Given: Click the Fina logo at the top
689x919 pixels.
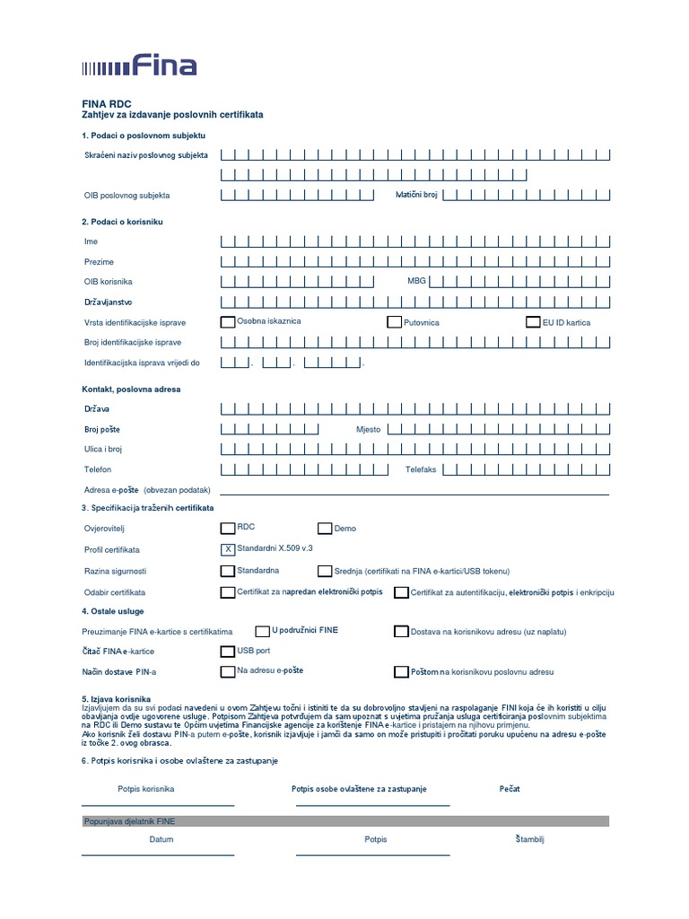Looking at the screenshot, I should (x=139, y=65).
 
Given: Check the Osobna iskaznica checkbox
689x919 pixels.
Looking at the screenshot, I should (x=228, y=321).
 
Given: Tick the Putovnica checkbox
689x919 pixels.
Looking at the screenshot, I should (x=394, y=322).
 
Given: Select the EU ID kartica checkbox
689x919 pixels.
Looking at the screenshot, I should (x=533, y=322).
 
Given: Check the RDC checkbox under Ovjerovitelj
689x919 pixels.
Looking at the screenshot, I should (x=228, y=528).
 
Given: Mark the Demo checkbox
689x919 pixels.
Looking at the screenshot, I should (x=325, y=529).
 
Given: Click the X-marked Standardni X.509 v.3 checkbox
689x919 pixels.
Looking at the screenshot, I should (x=228, y=548).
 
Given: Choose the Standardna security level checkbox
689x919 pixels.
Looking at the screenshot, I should (x=228, y=571).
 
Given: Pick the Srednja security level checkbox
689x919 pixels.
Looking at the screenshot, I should (x=325, y=571).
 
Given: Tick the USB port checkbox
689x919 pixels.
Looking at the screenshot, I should (x=228, y=651).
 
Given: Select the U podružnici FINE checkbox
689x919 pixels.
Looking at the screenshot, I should (x=263, y=631).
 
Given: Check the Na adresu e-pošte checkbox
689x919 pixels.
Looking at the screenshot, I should (x=228, y=671).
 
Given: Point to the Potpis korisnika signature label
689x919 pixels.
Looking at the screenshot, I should (x=145, y=789).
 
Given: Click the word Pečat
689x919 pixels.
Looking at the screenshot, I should (x=510, y=789).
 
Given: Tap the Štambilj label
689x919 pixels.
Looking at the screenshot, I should (x=530, y=839).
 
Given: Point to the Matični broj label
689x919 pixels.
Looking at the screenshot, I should (x=416, y=195).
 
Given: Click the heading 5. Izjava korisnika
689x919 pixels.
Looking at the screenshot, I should (x=116, y=698).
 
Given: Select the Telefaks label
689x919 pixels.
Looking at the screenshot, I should (x=420, y=469).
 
